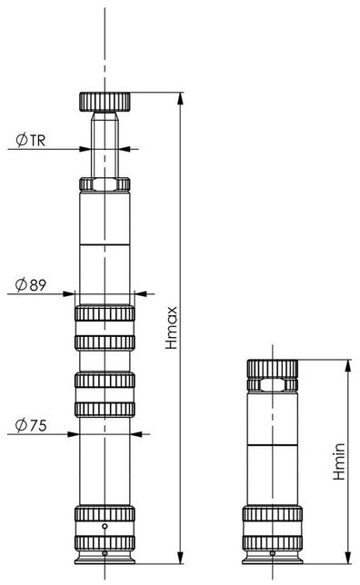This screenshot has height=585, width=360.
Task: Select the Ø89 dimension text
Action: click(x=31, y=284)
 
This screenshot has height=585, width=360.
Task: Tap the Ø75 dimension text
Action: click(x=31, y=424)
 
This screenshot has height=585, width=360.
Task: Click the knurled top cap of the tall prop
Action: click(x=105, y=100)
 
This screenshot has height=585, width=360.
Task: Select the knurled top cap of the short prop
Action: click(x=272, y=368)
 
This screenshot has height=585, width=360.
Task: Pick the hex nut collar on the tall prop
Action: click(x=105, y=184)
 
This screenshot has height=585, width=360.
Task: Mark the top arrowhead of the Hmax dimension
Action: click(x=182, y=97)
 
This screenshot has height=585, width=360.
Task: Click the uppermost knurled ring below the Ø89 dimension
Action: click(x=105, y=314)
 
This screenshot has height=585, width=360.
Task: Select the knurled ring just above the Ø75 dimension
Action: click(x=105, y=408)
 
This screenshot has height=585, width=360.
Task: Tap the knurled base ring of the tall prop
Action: click(x=105, y=513)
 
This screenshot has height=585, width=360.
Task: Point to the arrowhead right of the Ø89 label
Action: click(x=139, y=293)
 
